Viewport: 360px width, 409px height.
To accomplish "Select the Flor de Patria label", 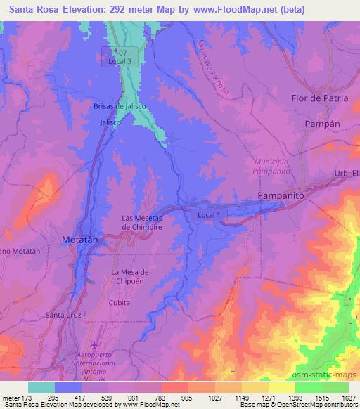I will click(x=320, y=98).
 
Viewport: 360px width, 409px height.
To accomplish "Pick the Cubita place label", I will click(x=120, y=301).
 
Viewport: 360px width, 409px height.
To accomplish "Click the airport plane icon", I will click(x=98, y=344).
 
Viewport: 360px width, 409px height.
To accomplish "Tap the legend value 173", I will click(x=27, y=398).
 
